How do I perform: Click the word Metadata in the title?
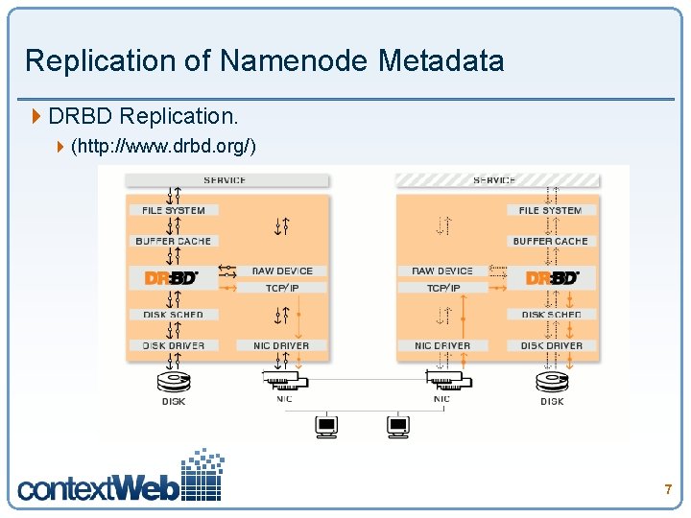[441, 61]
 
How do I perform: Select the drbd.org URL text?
[163, 147]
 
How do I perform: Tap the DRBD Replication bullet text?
[143, 116]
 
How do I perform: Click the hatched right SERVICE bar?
[496, 179]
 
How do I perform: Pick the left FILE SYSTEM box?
[174, 210]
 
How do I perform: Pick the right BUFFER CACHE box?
[551, 241]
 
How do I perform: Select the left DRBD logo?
[173, 278]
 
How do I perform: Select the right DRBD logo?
[552, 278]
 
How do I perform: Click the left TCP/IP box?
[281, 288]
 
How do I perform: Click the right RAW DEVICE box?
[442, 271]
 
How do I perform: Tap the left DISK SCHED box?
[174, 315]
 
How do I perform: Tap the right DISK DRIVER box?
[551, 345]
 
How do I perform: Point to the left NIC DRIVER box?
[281, 345]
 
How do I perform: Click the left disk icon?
[174, 383]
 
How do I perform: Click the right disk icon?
[552, 383]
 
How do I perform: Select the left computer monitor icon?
[326, 426]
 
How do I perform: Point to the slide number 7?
[668, 490]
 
